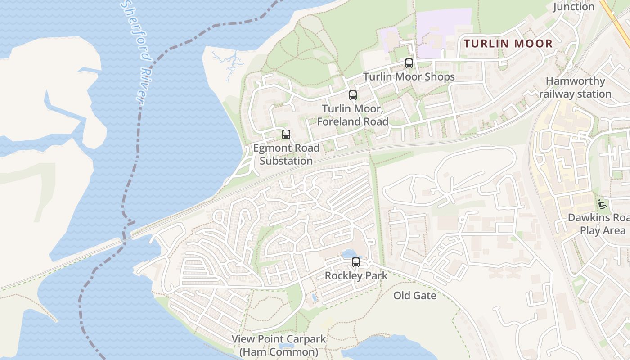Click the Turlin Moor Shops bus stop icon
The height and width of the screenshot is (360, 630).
[x=409, y=63]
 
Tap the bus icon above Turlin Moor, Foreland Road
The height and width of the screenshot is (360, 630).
[x=352, y=95]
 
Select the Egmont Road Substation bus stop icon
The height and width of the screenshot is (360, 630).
[x=286, y=135]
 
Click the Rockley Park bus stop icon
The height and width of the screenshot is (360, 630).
[x=356, y=262]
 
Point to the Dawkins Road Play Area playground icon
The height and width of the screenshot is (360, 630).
[x=602, y=204]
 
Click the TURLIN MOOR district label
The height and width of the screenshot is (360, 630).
[x=508, y=44]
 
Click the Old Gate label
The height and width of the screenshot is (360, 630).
[x=414, y=296]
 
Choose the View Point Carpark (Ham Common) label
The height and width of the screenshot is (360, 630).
[x=279, y=345]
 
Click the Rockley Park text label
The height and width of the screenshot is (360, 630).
[x=356, y=275]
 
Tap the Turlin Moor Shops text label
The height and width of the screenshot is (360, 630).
[x=409, y=77]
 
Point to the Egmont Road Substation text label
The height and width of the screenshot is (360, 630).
[x=286, y=154]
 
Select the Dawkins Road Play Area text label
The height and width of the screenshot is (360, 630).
[x=598, y=224]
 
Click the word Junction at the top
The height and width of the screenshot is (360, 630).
[x=573, y=7]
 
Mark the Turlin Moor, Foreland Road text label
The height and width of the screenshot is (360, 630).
[x=353, y=115]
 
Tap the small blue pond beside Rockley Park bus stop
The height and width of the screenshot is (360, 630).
[x=348, y=254]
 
